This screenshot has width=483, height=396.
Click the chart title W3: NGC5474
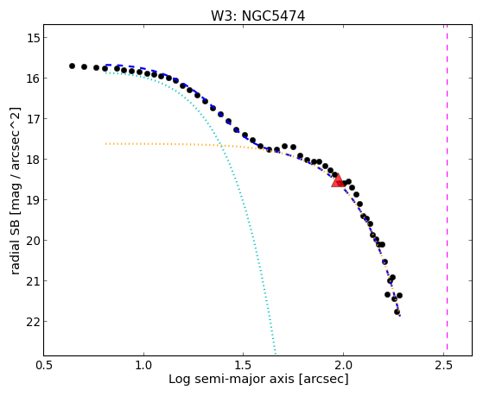(257, 16)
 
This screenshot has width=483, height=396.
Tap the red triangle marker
(338, 180)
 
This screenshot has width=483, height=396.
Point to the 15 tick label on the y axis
(33, 38)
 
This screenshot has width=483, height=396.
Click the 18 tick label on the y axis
(33, 160)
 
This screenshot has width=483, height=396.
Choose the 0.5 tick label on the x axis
(44, 365)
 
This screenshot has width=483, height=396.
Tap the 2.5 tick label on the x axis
(444, 365)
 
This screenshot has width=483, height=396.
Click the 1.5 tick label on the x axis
(244, 365)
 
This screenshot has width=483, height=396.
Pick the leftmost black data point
(72, 66)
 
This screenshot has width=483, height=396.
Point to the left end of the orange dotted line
(105, 144)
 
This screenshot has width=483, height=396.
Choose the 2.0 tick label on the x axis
(344, 365)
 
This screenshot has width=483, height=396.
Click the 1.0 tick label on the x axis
(143, 365)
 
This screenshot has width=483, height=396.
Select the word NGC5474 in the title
(273, 16)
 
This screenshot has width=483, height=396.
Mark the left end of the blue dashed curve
(105, 65)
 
